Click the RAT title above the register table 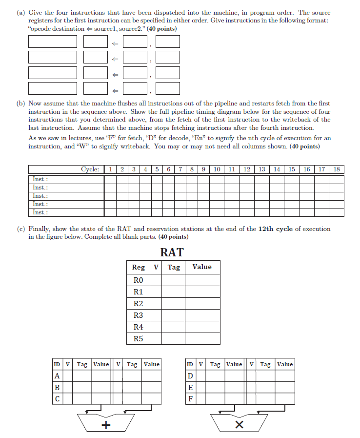pos(172,252)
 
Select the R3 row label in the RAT pos(138,315)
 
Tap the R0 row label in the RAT pos(138,280)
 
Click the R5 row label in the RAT pos(138,338)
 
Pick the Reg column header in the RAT pos(138,267)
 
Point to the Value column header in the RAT pos(202,267)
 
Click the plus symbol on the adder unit pos(105,425)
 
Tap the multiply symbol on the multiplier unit pos(239,425)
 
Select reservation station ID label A pos(57,376)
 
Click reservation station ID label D pos(190,376)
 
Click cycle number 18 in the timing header pos(337,169)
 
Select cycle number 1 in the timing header pos(110,169)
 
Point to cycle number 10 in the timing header pos(217,169)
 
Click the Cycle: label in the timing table pos(90,169)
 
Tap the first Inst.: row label pos(40,179)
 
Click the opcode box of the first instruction pos(53,42)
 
